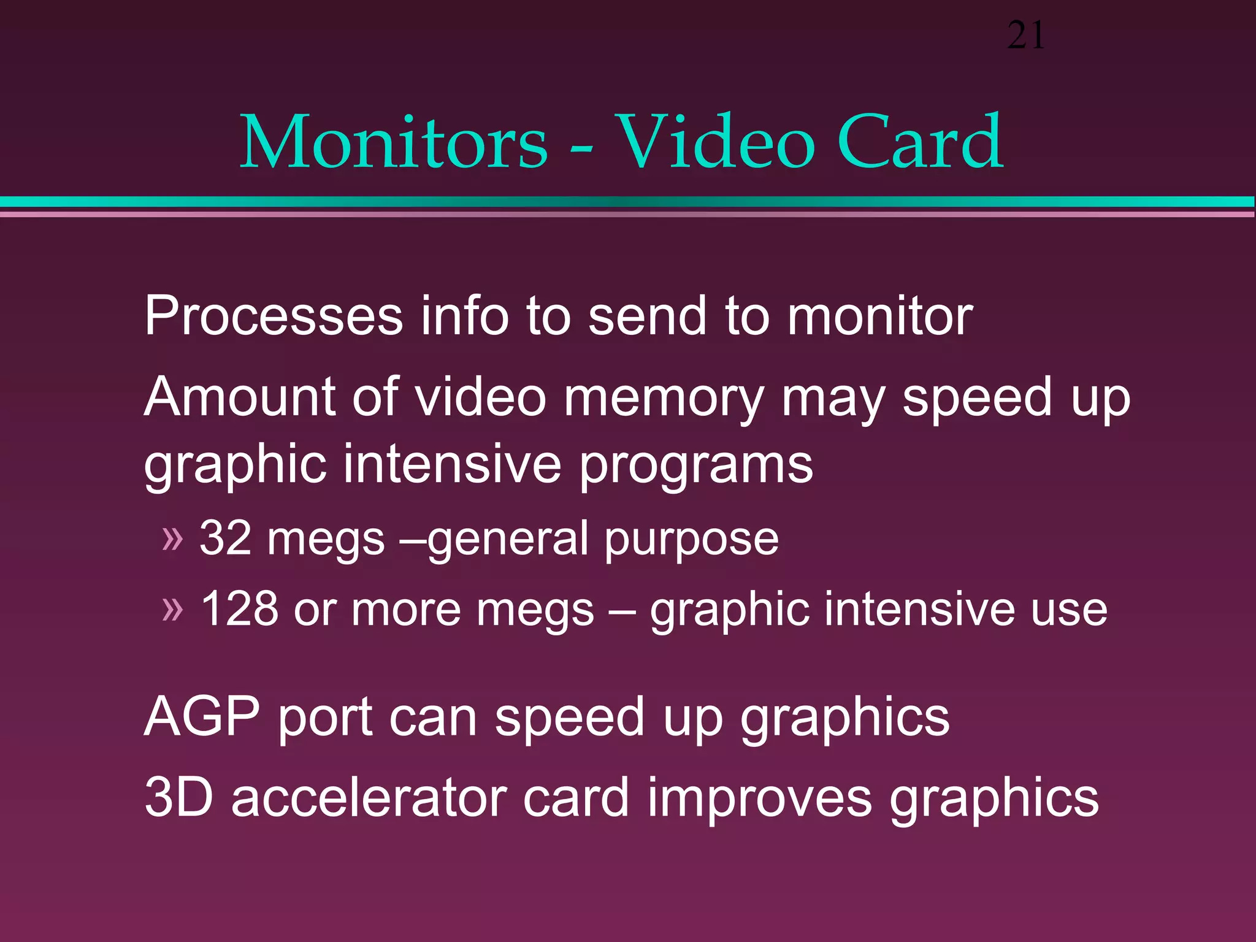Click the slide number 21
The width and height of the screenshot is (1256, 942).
(x=1025, y=36)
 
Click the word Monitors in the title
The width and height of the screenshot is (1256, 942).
(x=393, y=142)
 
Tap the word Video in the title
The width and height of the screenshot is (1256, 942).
(x=714, y=142)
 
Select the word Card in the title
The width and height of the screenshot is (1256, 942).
(x=920, y=142)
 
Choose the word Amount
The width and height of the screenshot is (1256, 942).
(x=240, y=397)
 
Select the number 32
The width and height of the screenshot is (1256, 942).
(x=225, y=538)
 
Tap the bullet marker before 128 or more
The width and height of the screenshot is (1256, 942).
(x=172, y=610)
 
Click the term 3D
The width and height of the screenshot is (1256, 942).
(x=178, y=797)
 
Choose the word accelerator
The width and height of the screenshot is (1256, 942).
(x=369, y=797)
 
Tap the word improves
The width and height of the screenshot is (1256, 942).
(x=759, y=798)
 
